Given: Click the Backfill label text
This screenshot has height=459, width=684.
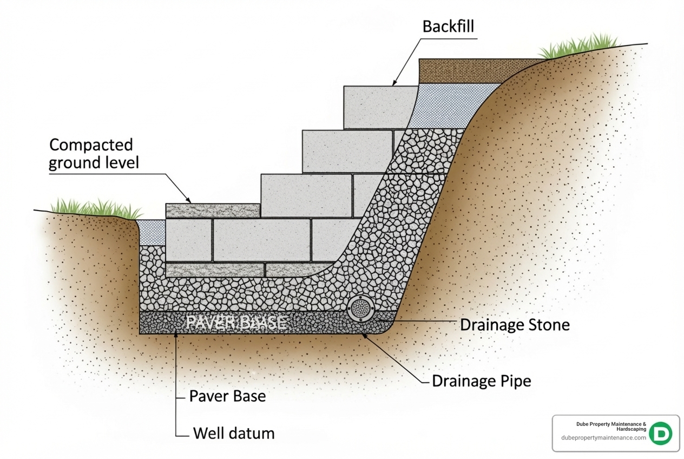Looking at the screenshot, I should point(448,26).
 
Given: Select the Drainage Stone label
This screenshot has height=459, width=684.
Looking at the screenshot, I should point(514,325).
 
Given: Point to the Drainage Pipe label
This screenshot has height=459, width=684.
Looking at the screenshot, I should point(481,381).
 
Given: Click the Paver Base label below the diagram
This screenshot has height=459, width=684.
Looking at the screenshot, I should point(227,396).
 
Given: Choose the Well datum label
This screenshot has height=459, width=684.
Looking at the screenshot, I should point(233,433).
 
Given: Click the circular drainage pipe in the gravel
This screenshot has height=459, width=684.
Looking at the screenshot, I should point(358,308).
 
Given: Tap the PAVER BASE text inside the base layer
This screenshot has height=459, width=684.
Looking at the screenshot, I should point(235,323).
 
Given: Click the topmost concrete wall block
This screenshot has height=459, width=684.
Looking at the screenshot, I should point(380,107).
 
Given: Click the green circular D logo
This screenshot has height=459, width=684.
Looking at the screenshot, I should point(660,434).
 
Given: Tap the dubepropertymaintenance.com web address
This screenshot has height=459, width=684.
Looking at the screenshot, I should point(603,438).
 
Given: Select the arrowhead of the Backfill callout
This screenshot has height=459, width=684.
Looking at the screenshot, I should point(394,84).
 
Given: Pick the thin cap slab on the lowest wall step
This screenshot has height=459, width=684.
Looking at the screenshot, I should point(213,211).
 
